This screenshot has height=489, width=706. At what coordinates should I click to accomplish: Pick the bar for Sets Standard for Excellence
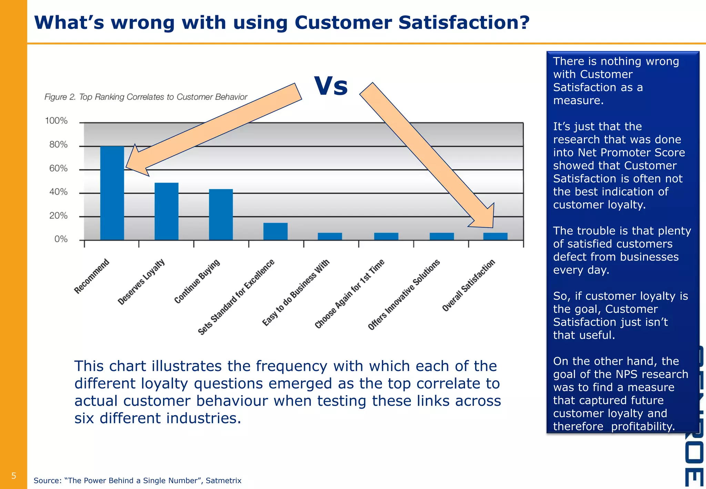pos(275,231)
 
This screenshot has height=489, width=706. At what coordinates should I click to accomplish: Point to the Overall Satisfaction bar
pos(495,237)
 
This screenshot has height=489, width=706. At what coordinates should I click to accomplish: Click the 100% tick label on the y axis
pos(56,121)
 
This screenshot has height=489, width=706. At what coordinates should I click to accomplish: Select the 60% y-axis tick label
pos(58,169)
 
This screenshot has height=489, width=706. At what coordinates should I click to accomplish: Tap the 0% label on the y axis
pos(61,239)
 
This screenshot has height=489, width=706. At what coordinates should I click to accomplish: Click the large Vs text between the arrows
pos(331,86)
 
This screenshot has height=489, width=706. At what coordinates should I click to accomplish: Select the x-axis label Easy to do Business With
pos(296,292)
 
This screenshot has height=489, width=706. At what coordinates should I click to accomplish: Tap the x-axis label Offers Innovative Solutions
pos(404,294)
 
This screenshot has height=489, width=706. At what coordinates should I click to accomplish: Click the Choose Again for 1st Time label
pos(350,293)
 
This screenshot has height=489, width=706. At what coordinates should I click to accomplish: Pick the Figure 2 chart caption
pos(146,97)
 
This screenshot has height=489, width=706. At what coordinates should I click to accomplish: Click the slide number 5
pos(14,476)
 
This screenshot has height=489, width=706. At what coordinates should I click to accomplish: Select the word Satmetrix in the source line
pos(223,481)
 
